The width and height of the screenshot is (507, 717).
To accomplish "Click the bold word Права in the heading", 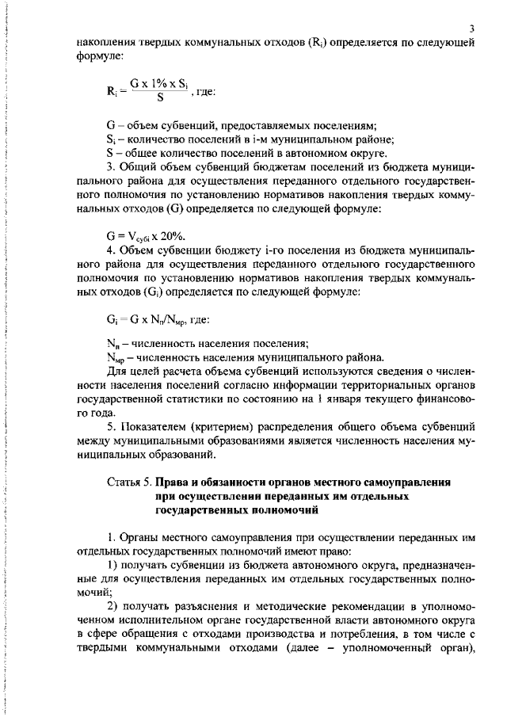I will (173, 481).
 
